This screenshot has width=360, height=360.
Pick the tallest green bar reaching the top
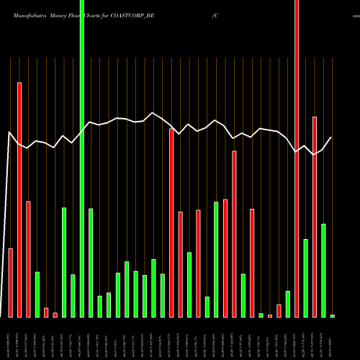click(82, 158)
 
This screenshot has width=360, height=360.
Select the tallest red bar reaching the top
click(297, 158)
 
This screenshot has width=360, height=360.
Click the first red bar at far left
click(11, 282)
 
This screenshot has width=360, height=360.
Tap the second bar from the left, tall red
click(19, 199)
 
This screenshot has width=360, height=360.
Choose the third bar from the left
click(29, 259)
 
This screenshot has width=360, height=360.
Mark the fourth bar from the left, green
click(37, 294)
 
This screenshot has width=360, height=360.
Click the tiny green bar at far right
click(332, 316)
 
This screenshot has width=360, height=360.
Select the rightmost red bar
click(315, 216)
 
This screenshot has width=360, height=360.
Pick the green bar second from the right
click(323, 270)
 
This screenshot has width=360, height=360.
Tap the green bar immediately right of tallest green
click(91, 263)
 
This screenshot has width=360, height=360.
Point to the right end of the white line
click(332, 138)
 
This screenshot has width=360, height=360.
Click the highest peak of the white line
click(153, 113)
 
